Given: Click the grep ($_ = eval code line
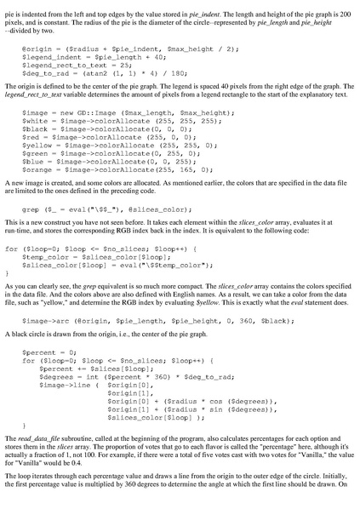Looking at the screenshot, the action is pyautogui.click(x=101, y=208).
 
